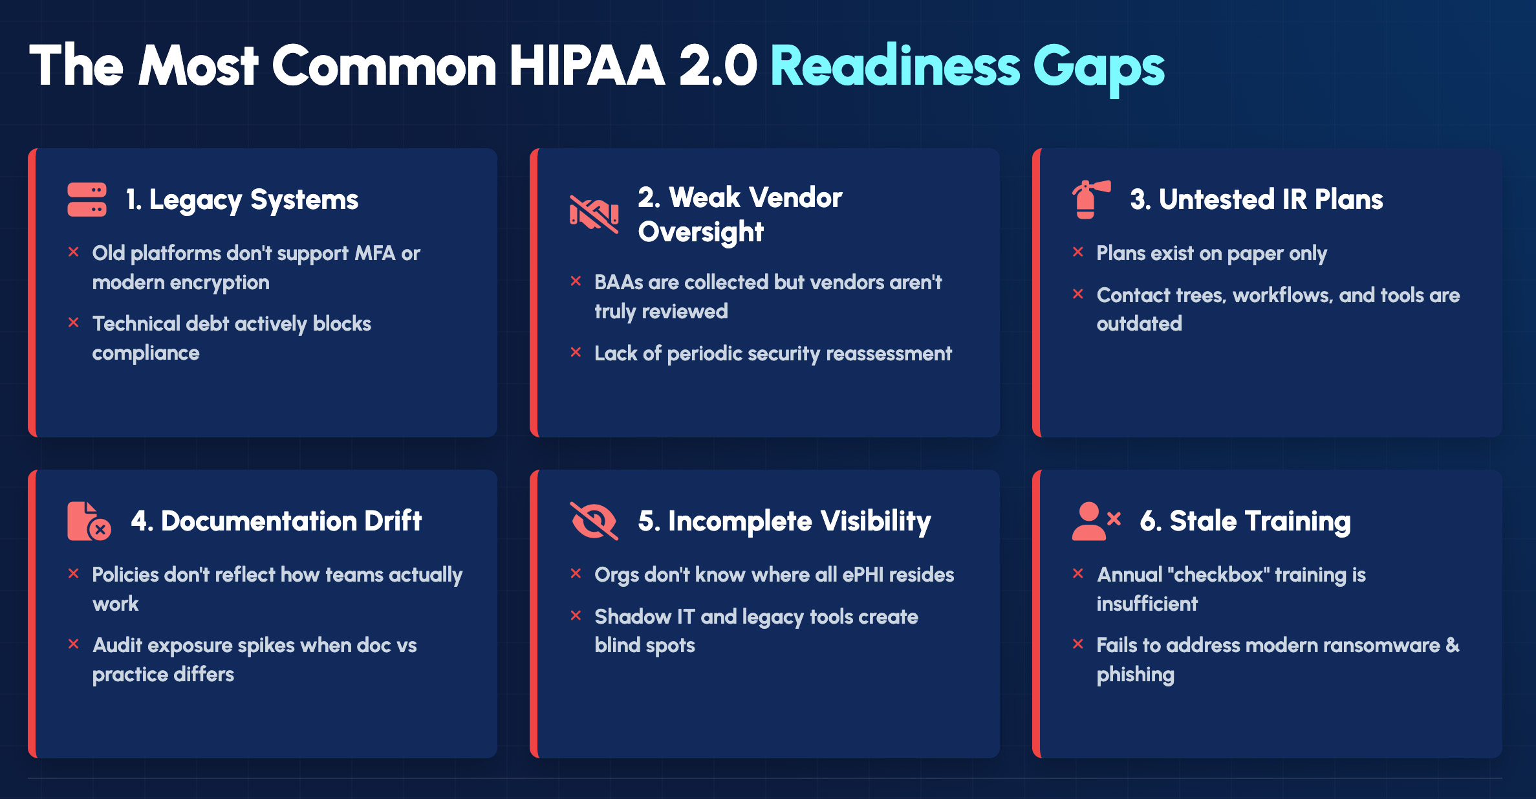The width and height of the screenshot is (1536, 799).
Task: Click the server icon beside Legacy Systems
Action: coord(87,200)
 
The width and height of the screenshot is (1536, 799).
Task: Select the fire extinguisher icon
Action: coord(1091,199)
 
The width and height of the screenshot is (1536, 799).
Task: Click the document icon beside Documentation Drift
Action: coord(89,521)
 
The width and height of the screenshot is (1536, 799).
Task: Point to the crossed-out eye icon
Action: coord(594,521)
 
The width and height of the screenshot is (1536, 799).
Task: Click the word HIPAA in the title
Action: coord(587,66)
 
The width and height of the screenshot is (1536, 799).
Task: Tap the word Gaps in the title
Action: coord(1099,69)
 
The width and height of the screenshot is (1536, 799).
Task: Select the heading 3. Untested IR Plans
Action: coord(1256,200)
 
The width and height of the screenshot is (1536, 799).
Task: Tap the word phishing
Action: coord(1135,675)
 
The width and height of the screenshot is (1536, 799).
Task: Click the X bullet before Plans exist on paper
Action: coord(1077,252)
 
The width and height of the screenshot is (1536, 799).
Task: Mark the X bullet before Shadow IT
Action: coord(576,615)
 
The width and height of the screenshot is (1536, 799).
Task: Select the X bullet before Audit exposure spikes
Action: coord(73,644)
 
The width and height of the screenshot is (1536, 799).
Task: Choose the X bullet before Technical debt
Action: coord(73,322)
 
